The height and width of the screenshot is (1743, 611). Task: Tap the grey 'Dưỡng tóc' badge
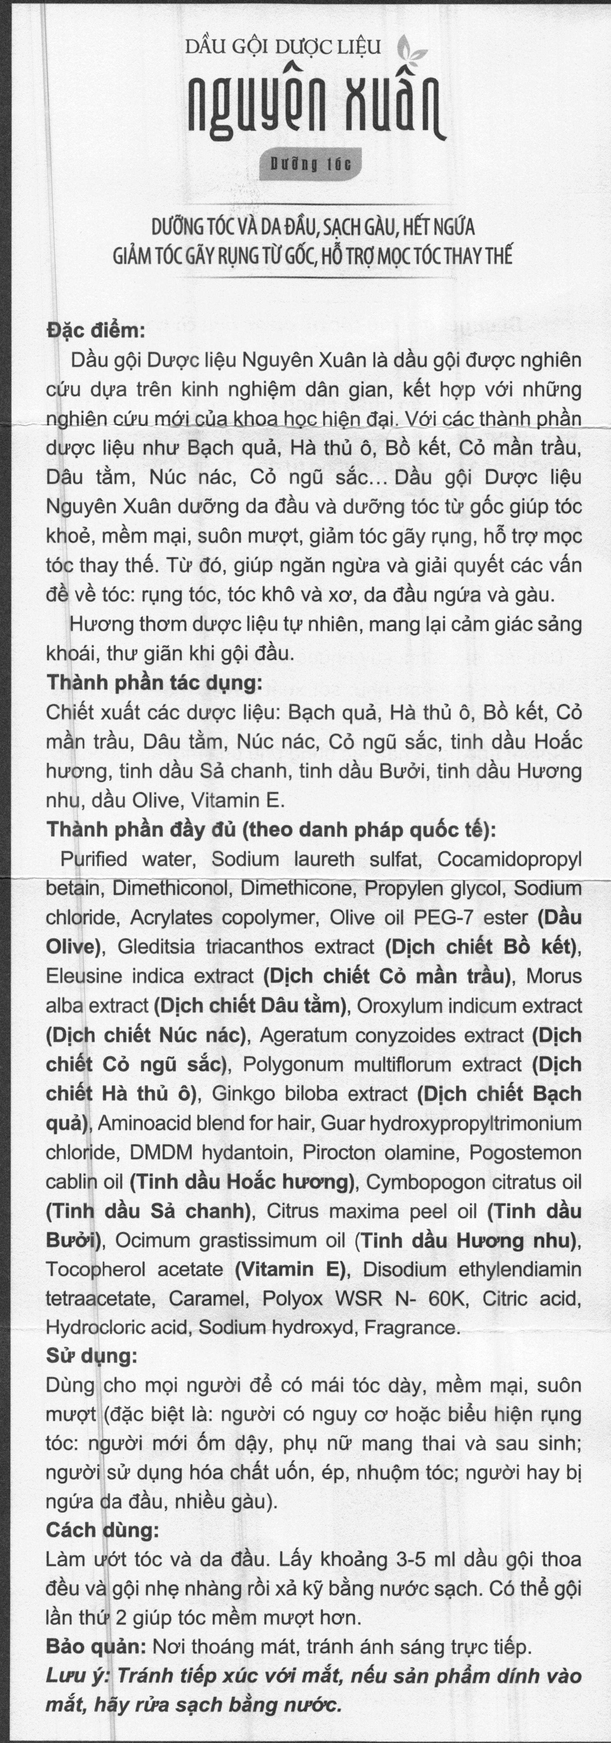click(x=311, y=165)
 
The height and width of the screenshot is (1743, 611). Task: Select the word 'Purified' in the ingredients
click(x=94, y=859)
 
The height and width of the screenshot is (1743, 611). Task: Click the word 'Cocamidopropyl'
click(x=509, y=859)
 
